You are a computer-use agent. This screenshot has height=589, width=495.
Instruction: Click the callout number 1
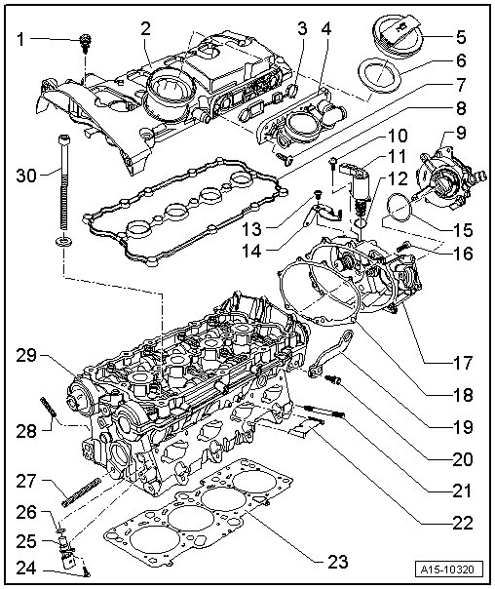click(x=20, y=39)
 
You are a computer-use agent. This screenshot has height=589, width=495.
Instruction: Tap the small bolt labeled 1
click(x=86, y=43)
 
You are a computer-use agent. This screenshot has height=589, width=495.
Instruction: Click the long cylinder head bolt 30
click(x=64, y=181)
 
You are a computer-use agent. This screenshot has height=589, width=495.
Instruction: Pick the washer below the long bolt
click(x=63, y=241)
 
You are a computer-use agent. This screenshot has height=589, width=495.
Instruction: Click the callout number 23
click(x=338, y=562)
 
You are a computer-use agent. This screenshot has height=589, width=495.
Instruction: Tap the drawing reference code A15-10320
click(x=449, y=569)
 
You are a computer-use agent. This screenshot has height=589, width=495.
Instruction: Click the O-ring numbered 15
click(x=400, y=207)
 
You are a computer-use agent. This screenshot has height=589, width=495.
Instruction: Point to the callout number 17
click(x=462, y=363)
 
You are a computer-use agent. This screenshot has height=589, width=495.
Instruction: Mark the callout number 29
click(x=26, y=356)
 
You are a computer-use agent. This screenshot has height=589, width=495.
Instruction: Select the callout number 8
click(x=460, y=108)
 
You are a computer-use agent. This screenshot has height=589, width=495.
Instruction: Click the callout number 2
click(x=145, y=28)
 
